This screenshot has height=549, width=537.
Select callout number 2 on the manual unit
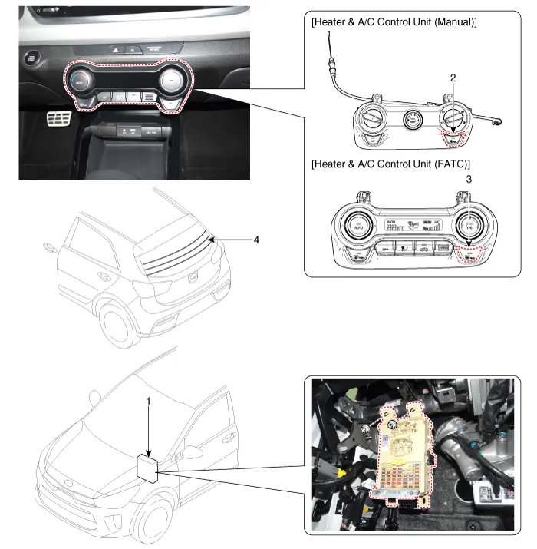(453, 78)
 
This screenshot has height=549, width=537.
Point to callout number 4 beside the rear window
(257, 240)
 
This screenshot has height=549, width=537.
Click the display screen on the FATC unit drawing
(411, 223)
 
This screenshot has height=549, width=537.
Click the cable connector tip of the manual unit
(330, 36)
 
